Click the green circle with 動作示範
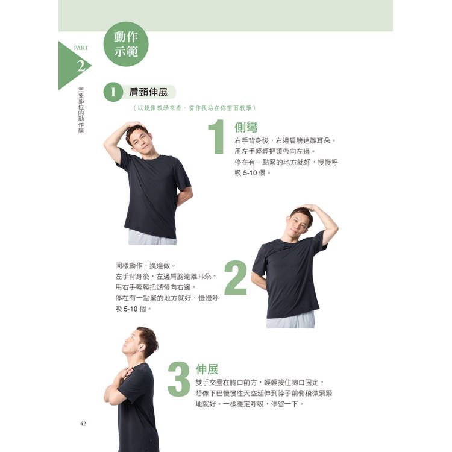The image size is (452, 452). [126, 44]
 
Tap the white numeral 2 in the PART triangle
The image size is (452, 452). [81, 66]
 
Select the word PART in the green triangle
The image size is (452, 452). [81, 48]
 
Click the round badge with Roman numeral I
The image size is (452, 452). [113, 92]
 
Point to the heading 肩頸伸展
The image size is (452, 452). [148, 92]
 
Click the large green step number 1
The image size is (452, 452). [217, 137]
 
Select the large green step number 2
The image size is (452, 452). [236, 278]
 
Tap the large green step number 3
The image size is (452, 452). [179, 379]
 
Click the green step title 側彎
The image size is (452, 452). [246, 127]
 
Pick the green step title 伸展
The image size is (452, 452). [207, 369]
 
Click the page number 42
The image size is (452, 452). [83, 424]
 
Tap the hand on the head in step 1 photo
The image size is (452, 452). [135, 125]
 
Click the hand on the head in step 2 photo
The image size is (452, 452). [307, 207]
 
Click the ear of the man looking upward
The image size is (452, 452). [141, 348]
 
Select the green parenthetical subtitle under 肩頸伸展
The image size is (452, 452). [195, 108]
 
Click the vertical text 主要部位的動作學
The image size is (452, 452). [81, 110]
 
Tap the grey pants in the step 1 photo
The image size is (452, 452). [152, 237]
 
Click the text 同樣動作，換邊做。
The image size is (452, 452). [145, 266]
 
